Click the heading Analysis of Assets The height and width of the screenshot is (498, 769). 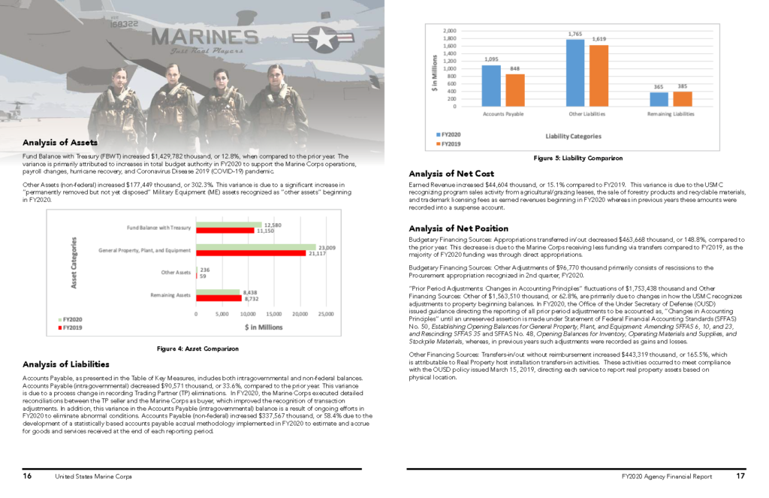point(60,142)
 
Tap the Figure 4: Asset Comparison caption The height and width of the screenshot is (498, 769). point(198,349)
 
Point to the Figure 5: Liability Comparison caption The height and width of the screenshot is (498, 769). point(578,158)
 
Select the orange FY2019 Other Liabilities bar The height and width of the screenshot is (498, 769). point(599,75)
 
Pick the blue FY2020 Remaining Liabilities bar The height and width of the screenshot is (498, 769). point(659,99)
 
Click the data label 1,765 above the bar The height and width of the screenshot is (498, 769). point(575,34)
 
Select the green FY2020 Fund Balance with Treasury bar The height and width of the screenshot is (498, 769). point(228,225)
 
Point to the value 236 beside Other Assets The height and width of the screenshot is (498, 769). point(204,269)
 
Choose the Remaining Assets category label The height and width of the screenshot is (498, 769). point(170,296)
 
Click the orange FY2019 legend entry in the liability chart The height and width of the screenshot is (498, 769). point(449,143)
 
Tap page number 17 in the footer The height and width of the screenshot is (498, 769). point(740,476)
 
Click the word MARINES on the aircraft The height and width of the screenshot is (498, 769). point(204,36)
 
